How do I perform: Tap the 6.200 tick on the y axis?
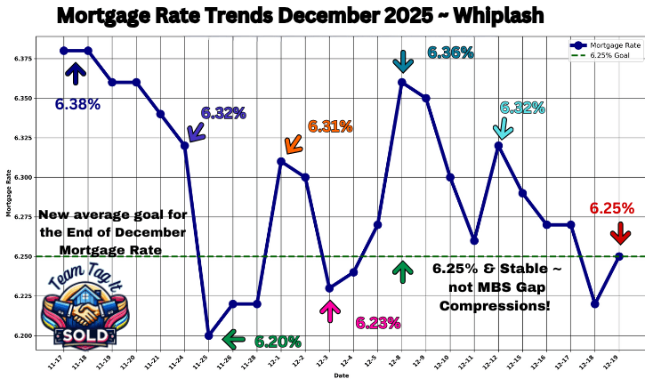point(21,335)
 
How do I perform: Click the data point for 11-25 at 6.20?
point(208,335)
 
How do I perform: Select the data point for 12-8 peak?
point(402,82)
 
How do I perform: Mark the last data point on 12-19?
point(619,256)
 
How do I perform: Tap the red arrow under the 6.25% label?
point(619,233)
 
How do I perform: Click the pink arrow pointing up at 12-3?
point(330,310)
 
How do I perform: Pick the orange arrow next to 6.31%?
point(293,141)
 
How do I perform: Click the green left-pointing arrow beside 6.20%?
point(234,338)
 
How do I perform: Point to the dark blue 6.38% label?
point(77,104)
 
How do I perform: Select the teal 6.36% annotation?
point(450,53)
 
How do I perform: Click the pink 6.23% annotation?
point(378,323)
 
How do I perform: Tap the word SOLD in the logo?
point(86,335)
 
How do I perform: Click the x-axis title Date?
point(342,376)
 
